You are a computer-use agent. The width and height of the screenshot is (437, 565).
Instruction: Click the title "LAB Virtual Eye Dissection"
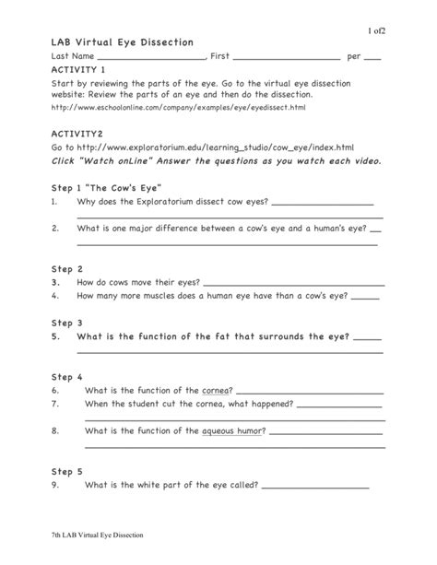(x=122, y=42)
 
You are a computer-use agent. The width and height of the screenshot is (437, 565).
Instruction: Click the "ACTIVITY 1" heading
(x=78, y=69)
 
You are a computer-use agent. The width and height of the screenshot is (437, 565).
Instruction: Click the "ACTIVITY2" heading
(x=77, y=134)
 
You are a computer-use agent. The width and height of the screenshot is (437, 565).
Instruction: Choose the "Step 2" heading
(x=67, y=269)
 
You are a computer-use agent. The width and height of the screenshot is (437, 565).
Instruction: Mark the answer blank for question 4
(x=365, y=297)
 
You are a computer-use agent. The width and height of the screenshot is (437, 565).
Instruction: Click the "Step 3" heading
(x=67, y=324)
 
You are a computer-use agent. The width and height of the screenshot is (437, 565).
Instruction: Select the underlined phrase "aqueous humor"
(x=233, y=430)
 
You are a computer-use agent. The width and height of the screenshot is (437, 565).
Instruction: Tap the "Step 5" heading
(x=67, y=471)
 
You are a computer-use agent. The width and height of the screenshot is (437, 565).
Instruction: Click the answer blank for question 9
(x=314, y=485)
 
